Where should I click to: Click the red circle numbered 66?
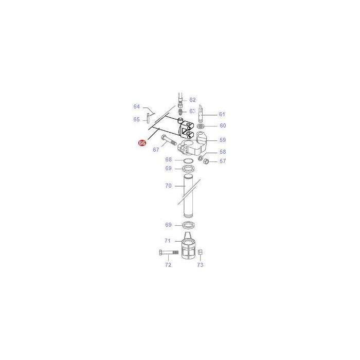[142, 143]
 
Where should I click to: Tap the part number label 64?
[137, 106]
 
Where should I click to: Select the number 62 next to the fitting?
[192, 100]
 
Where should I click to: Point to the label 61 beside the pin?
[222, 114]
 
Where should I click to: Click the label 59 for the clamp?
[222, 140]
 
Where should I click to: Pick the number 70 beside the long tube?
[168, 186]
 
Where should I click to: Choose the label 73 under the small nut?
[200, 265]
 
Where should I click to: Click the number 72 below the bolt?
[168, 265]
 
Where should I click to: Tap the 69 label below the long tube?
[168, 225]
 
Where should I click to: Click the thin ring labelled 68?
[188, 161]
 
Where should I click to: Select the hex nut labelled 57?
[204, 162]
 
